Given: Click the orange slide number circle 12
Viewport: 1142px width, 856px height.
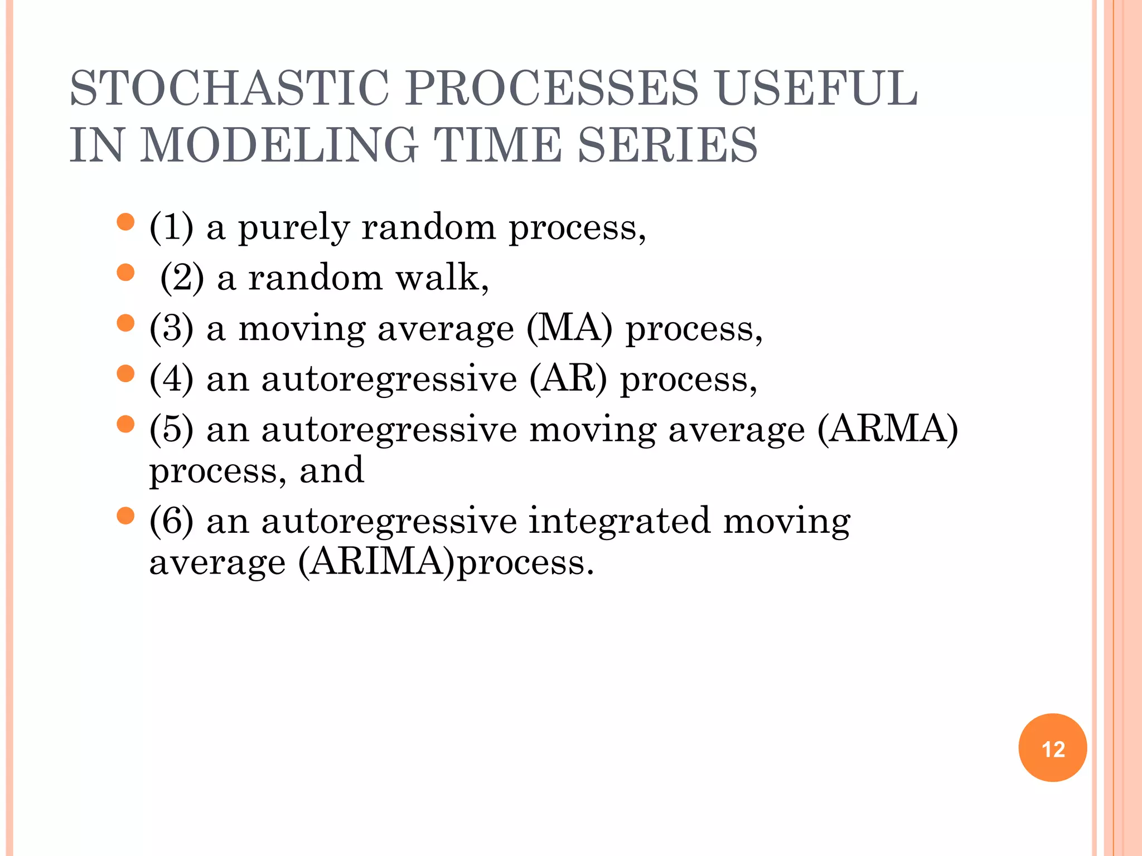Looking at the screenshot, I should click(x=1052, y=748).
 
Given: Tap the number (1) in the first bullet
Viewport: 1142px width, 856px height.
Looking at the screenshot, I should click(x=171, y=227).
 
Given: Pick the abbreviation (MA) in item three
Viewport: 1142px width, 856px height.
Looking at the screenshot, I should click(x=569, y=328).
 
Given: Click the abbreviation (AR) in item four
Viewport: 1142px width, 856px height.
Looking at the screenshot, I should click(x=568, y=379).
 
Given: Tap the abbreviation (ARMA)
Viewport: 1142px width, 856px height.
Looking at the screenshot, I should click(x=887, y=429).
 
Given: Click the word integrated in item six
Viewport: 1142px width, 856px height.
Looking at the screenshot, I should click(x=619, y=521).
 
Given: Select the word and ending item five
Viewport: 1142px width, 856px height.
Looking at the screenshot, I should click(x=332, y=470).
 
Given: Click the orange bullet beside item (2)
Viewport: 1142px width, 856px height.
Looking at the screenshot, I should click(x=126, y=273).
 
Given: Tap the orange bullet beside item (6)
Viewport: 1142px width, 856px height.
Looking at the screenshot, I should click(x=126, y=515).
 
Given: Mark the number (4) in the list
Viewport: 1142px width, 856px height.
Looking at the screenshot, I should click(x=171, y=379).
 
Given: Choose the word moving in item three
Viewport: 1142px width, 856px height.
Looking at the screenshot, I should click(x=302, y=329).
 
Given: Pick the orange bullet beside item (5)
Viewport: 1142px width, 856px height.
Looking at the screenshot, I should click(x=126, y=424).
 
